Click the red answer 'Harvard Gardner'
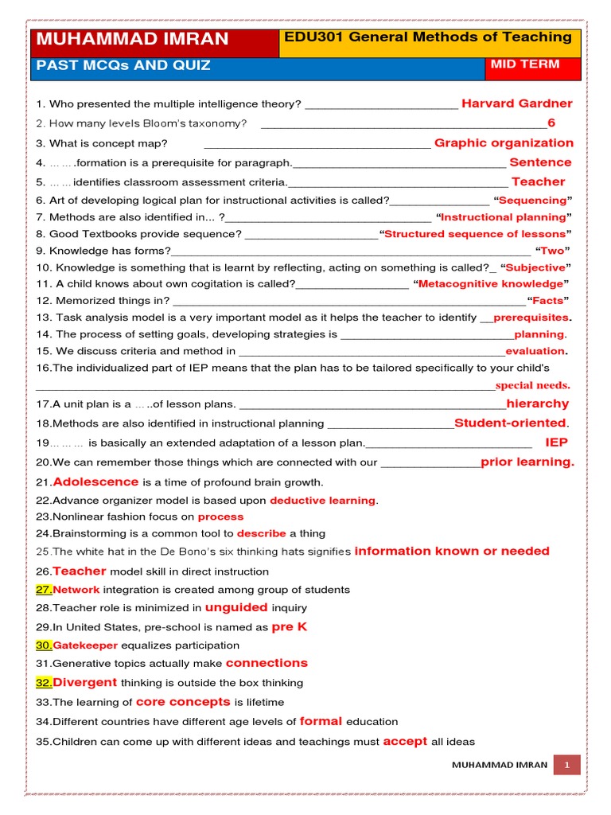[516, 103]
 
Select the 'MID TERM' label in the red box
[524, 64]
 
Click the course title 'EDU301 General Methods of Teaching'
[427, 37]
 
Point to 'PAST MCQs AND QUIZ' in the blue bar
[124, 65]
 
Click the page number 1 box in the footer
[568, 765]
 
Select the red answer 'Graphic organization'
[504, 143]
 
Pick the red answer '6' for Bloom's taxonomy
[551, 123]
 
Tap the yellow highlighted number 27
[44, 590]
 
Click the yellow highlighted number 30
[44, 645]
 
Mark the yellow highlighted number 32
[44, 683]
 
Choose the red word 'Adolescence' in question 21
[95, 482]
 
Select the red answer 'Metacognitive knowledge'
[490, 283]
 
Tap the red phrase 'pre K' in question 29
[289, 626]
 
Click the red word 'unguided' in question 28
[236, 607]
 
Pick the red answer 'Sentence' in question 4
[540, 162]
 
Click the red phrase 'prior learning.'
[527, 462]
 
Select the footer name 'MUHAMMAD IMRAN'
[499, 765]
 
